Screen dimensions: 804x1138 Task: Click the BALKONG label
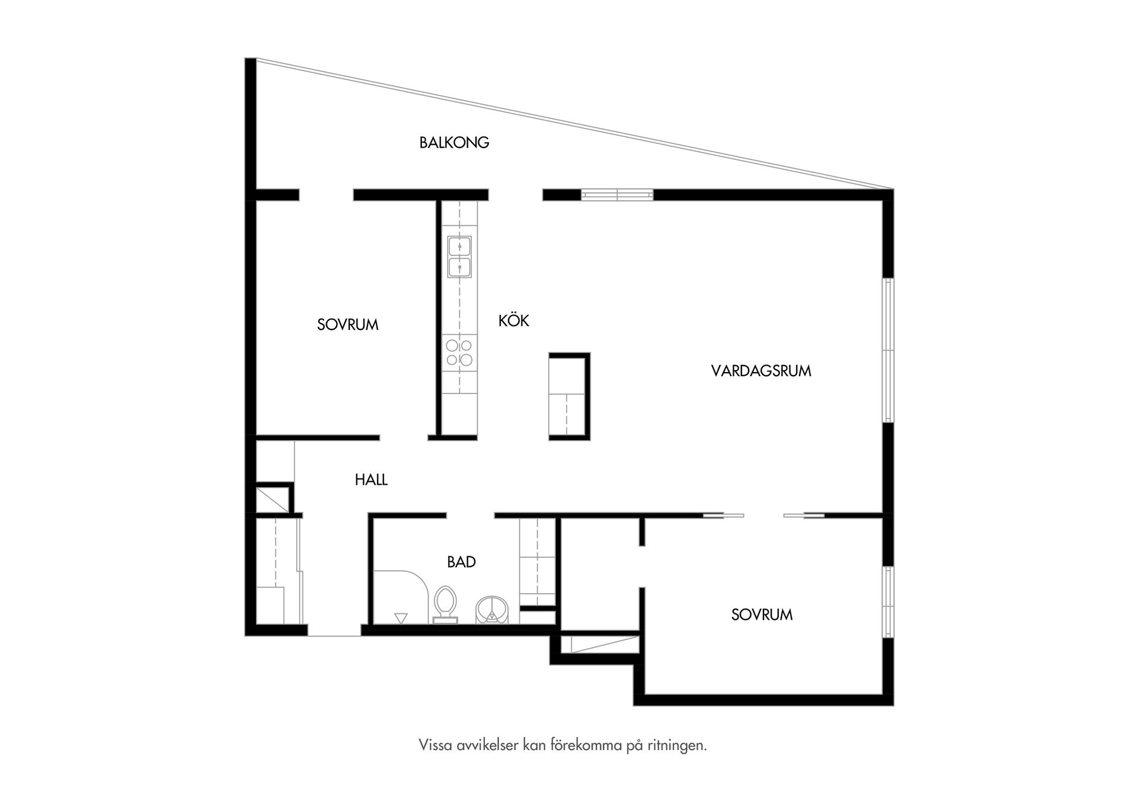(454, 143)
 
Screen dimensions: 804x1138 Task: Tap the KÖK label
(513, 321)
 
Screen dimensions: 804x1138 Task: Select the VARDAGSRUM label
(761, 371)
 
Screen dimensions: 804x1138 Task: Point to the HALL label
(371, 480)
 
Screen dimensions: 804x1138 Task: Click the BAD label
(461, 562)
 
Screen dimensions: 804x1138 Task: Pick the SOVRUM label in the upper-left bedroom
(347, 325)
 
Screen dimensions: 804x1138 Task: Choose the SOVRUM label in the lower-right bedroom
(762, 615)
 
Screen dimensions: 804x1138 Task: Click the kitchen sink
(459, 257)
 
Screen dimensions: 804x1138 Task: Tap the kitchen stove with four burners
(459, 353)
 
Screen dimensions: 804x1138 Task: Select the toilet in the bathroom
(445, 603)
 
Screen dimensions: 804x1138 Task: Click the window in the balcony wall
(617, 194)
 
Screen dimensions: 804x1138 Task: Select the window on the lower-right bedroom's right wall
(888, 602)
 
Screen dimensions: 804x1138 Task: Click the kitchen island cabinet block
(567, 396)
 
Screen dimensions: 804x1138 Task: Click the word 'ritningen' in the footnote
(677, 745)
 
